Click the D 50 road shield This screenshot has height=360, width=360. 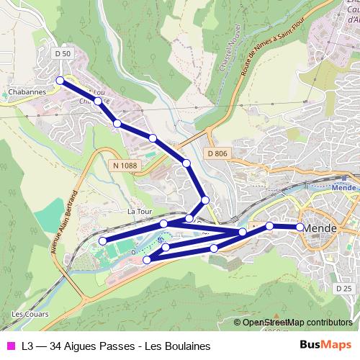[x=63, y=54]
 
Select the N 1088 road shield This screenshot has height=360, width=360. [x=124, y=166]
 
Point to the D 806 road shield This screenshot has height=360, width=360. [x=217, y=153]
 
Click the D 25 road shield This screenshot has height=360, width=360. [x=343, y=287]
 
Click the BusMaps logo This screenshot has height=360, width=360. [x=326, y=346]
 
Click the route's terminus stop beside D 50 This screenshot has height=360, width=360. [x=60, y=81]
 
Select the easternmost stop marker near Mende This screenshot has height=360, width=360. [x=300, y=227]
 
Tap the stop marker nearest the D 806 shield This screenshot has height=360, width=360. [x=186, y=163]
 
